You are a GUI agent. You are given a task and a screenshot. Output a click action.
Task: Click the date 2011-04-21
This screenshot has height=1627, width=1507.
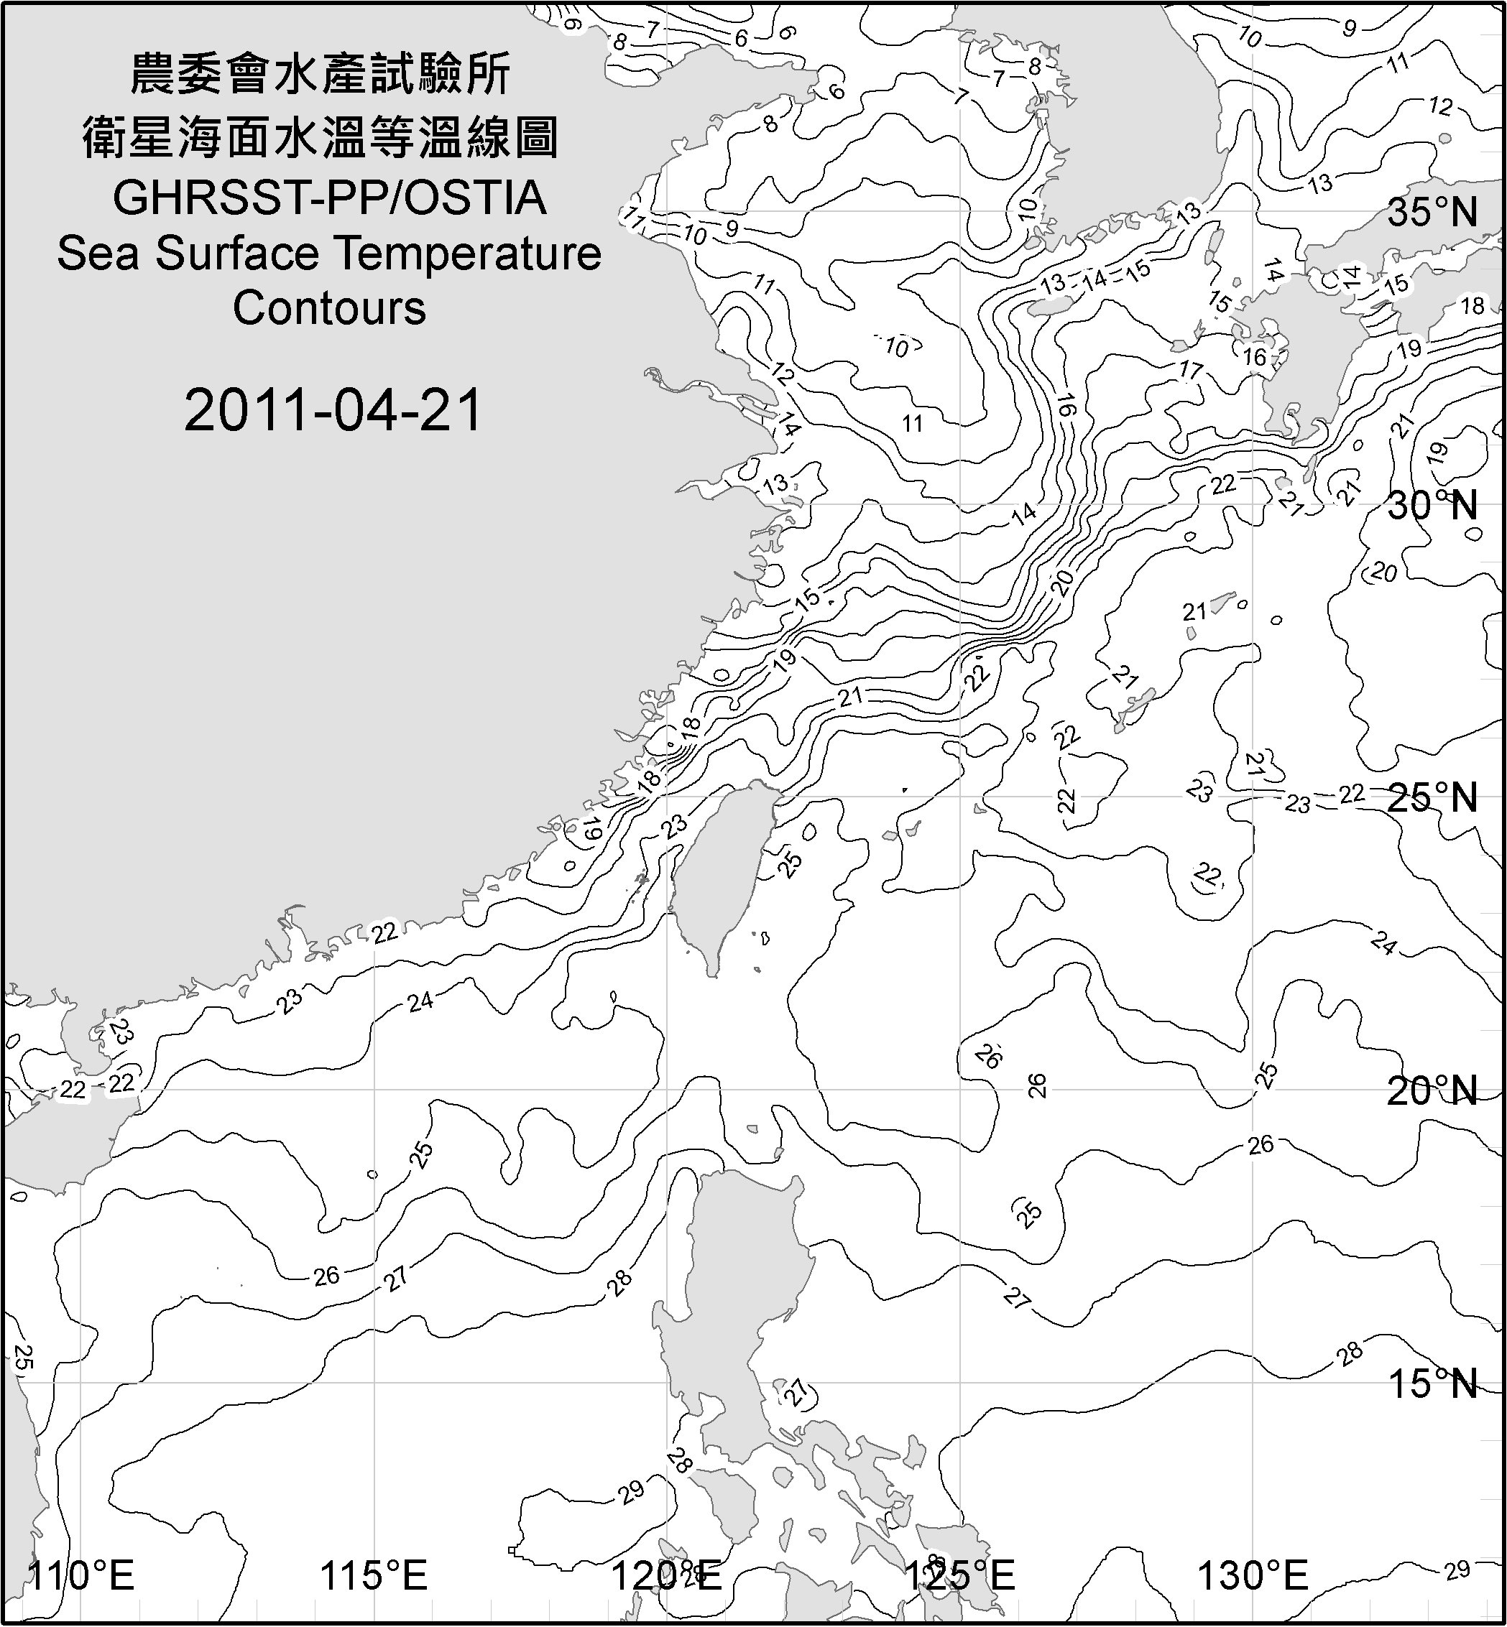(333, 410)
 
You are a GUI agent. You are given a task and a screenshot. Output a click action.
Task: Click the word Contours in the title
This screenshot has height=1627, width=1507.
(329, 308)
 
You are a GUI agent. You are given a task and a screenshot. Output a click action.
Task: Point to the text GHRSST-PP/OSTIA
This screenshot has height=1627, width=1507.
(329, 198)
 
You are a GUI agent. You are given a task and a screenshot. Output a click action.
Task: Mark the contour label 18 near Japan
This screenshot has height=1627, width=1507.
(1473, 306)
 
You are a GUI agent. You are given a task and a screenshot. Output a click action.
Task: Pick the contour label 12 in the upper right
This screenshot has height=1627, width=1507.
(1441, 106)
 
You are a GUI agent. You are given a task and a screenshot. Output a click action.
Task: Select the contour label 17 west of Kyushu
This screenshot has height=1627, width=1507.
(1191, 371)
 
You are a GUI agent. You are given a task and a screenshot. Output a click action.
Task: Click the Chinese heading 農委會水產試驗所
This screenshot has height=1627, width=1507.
(321, 75)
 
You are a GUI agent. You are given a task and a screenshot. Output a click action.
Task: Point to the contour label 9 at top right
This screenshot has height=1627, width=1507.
(1350, 29)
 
